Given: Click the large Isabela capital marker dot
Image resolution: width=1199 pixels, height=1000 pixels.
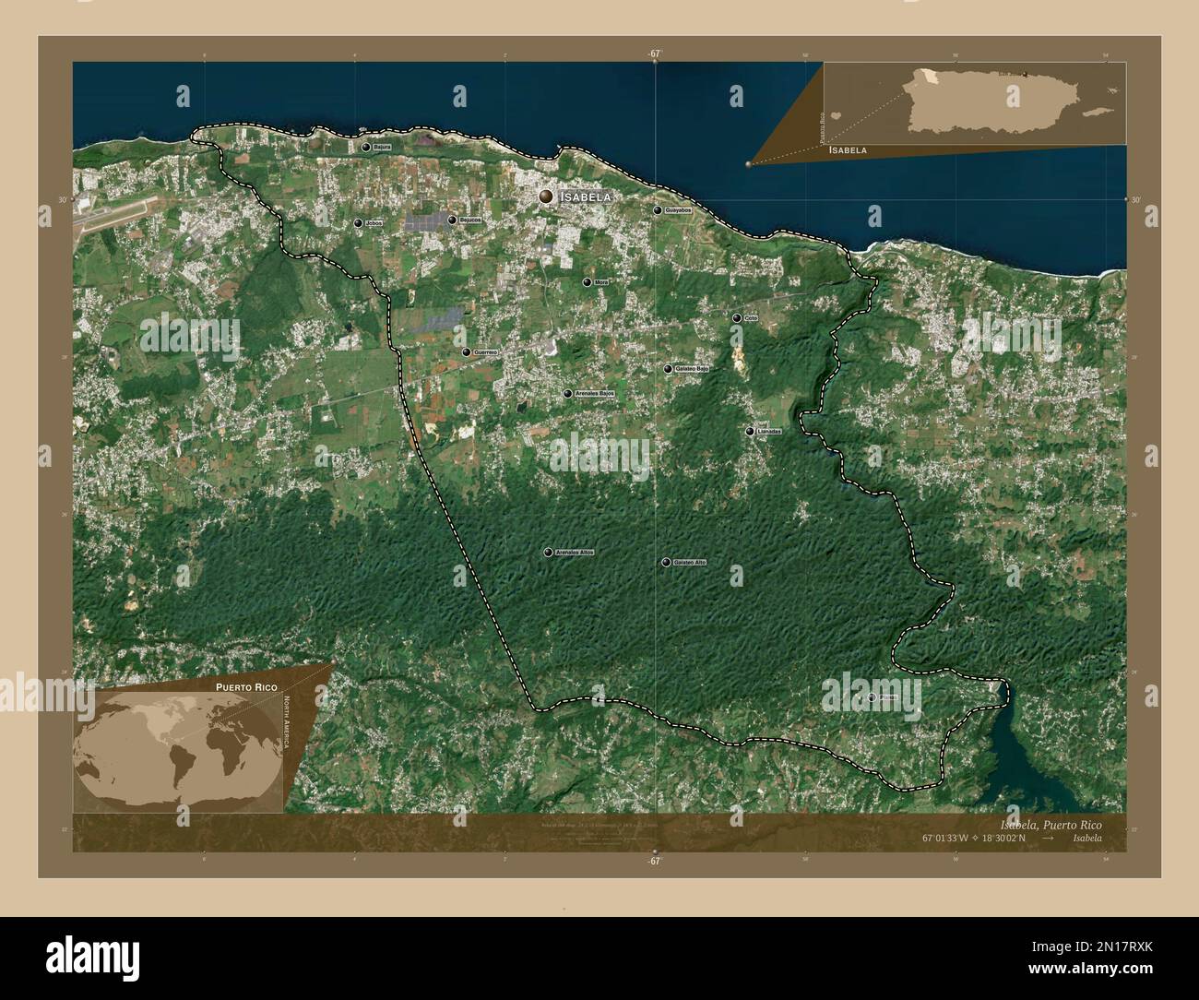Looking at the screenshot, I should coord(547,196).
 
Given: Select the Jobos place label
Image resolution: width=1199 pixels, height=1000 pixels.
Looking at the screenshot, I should coord(374,223).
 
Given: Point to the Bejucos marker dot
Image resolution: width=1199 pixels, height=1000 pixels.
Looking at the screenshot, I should coord(452,220).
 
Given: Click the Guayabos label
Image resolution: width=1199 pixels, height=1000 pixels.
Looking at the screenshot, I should coord(678,210).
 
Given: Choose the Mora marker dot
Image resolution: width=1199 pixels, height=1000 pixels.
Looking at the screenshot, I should coord(587,281).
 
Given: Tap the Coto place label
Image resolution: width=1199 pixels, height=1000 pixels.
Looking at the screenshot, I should coord(751,318).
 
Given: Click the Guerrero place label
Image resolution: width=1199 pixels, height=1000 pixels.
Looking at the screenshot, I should coord(485,352).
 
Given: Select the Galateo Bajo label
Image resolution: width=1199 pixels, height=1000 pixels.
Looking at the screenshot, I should coord(692,369).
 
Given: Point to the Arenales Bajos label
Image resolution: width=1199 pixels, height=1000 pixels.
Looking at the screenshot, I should coord(595,394).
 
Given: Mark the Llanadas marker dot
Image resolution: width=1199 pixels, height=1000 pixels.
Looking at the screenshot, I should coord(750,431).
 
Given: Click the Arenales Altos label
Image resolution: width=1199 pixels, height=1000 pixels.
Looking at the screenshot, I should coord(576,553).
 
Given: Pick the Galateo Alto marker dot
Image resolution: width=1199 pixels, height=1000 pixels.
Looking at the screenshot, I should coord(664,562).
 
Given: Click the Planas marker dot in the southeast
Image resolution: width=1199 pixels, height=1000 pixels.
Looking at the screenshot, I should coord(871,697).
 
